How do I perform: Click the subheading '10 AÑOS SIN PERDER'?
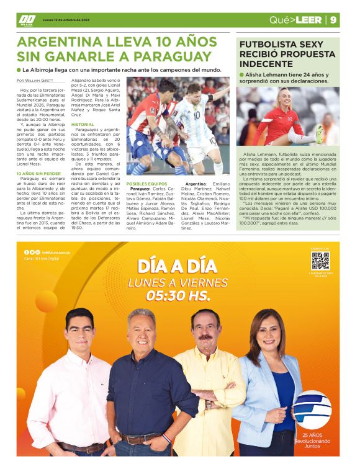tap(38, 174)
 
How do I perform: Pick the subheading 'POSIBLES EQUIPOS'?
tap(146, 184)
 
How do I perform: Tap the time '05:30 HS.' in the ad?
tap(178, 296)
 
